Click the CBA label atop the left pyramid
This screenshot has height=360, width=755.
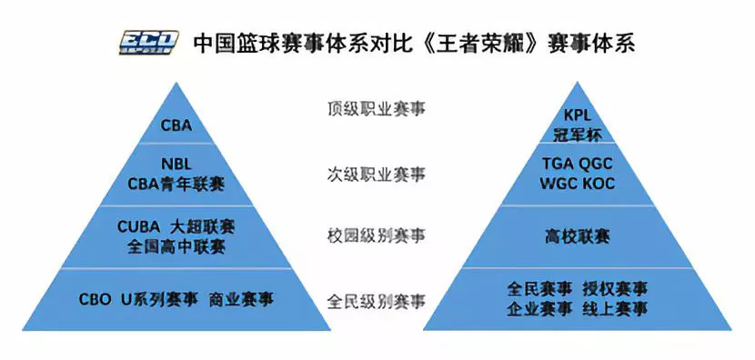[176, 125]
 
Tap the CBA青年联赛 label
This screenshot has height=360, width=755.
[176, 184]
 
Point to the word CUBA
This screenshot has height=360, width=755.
[139, 226]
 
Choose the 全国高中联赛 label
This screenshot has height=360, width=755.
[176, 245]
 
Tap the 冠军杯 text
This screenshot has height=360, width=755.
[578, 135]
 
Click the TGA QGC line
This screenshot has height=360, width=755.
[578, 165]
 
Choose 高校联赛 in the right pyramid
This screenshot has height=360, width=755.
[578, 236]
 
